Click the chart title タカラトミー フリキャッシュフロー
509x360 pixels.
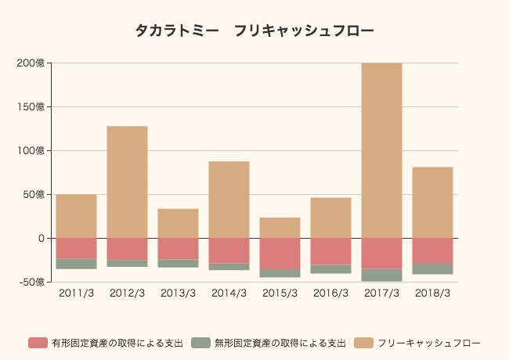pos(254,31)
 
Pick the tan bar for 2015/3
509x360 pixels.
pos(280,228)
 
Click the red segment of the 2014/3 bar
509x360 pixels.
pos(229,250)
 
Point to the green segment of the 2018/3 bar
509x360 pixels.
pos(432,269)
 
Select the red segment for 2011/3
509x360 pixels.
pos(76,248)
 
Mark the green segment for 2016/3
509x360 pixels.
pos(330,269)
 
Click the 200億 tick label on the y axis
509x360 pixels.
pos(31,63)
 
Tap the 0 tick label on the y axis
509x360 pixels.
pos(42,238)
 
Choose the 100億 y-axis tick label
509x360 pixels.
pos(31,150)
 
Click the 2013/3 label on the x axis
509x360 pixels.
pos(178,293)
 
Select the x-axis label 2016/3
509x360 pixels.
pos(330,293)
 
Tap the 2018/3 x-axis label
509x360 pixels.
pos(432,293)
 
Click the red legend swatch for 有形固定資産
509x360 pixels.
pos(38,343)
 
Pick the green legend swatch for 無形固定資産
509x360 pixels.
pos(200,343)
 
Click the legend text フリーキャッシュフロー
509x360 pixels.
pos(429,343)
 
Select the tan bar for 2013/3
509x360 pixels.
pos(178,223)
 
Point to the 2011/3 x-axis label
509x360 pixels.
pos(76,293)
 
